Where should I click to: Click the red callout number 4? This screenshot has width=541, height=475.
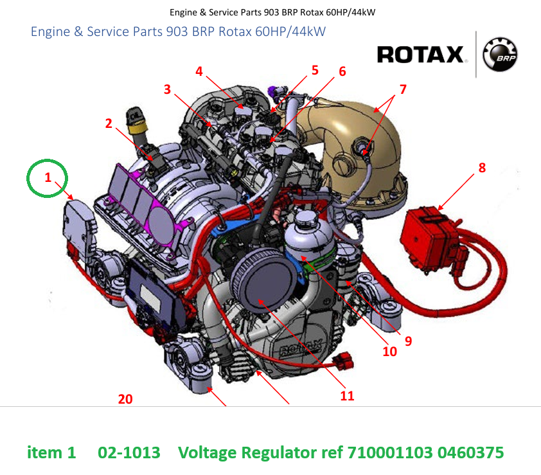199,71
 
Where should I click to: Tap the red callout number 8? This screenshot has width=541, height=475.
482,168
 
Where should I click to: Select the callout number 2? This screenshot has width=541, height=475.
109,123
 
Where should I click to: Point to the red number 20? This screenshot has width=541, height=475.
125,399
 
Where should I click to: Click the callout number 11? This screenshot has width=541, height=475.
347,395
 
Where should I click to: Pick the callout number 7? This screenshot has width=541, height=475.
403,89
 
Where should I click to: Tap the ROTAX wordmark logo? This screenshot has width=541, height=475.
420,55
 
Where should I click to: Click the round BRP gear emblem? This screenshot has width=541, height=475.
500,55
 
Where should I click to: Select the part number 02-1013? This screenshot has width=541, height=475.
129,453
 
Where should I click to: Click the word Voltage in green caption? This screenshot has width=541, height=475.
208,453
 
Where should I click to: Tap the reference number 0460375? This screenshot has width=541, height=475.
470,453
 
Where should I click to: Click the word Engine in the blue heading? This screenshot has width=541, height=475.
50,32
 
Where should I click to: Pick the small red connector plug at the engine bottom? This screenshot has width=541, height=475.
343,361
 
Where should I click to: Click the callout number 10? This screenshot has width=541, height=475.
390,352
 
